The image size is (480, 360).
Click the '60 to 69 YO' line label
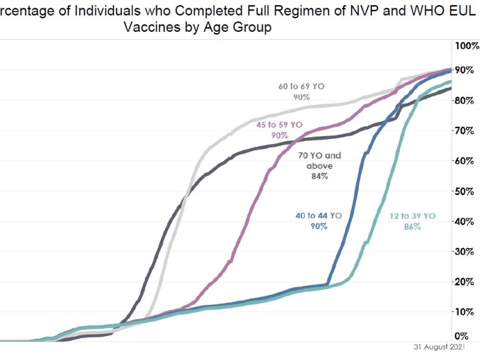tap(301, 86)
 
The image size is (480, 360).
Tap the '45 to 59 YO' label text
tap(279, 124)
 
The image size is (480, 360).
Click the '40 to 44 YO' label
tap(318, 216)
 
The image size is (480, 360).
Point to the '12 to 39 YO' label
tap(412, 216)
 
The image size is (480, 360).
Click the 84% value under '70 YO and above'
tap(320, 177)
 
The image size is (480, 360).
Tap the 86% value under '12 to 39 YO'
tap(412, 227)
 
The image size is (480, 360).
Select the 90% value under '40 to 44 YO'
tap(318, 226)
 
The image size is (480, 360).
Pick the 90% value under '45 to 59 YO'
tap(279, 135)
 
